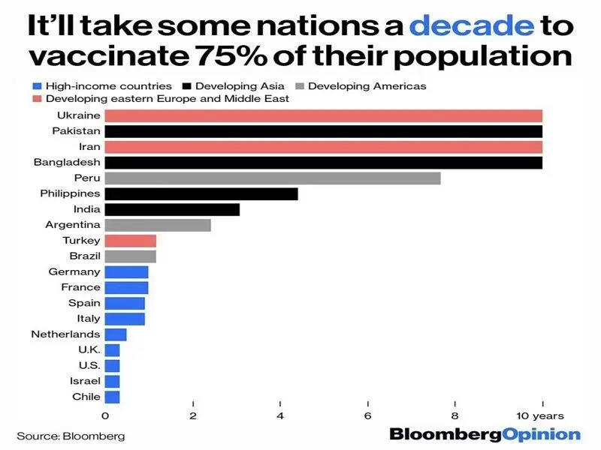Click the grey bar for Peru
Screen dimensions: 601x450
[x=273, y=178]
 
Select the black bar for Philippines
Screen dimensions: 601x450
[x=201, y=194]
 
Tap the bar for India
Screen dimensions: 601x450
[x=172, y=210]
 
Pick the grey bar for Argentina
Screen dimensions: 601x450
[x=158, y=226]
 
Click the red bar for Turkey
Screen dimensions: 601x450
[x=130, y=241]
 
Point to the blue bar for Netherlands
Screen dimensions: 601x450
[x=116, y=334]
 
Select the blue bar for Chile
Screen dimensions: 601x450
[x=112, y=397]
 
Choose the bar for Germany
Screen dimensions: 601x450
[x=126, y=272]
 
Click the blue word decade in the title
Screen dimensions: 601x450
[x=472, y=25]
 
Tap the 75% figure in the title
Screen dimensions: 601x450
[x=231, y=55]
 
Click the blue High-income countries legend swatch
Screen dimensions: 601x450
[x=37, y=86]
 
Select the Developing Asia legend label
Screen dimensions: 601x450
[x=240, y=86]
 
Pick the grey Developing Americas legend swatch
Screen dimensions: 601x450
[x=300, y=86]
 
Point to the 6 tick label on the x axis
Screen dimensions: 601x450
[x=367, y=416]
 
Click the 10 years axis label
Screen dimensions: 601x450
[x=540, y=416]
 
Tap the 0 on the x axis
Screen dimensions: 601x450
[x=105, y=416]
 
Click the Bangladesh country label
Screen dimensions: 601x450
[x=67, y=162]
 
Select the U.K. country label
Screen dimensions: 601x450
[x=89, y=349]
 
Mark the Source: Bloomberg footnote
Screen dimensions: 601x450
[x=71, y=436]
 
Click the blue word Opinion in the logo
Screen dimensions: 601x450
[x=541, y=435]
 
